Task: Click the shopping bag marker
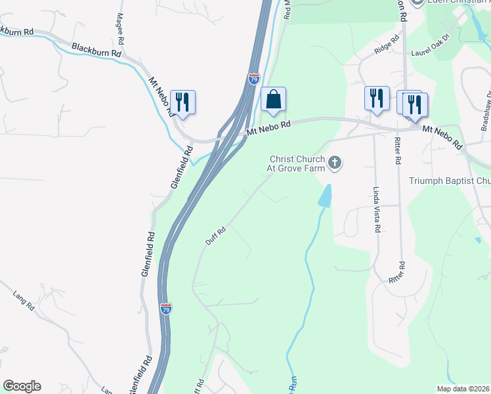pyautogui.click(x=274, y=100)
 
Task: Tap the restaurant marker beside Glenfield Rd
pyautogui.click(x=182, y=102)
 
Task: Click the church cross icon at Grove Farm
pyautogui.click(x=335, y=162)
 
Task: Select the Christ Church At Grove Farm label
pyautogui.click(x=297, y=163)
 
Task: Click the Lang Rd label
pyautogui.click(x=23, y=294)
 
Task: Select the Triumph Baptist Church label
pyautogui.click(x=450, y=181)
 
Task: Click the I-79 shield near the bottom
pyautogui.click(x=166, y=308)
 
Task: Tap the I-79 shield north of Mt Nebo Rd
pyautogui.click(x=253, y=79)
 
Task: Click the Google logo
pyautogui.click(x=22, y=386)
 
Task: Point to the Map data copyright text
pyautogui.click(x=463, y=389)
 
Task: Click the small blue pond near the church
pyautogui.click(x=325, y=195)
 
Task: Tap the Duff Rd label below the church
pyautogui.click(x=215, y=236)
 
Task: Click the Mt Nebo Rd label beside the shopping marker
pyautogui.click(x=268, y=127)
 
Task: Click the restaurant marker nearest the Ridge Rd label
pyautogui.click(x=376, y=98)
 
